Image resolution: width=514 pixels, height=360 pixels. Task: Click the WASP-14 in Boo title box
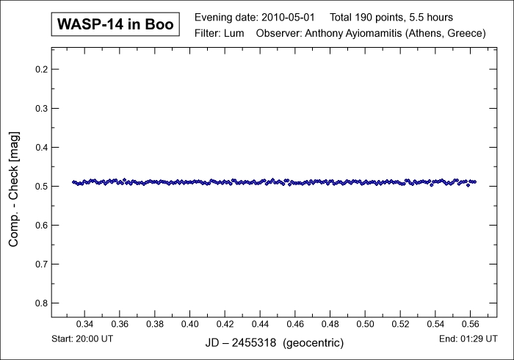coord(115,24)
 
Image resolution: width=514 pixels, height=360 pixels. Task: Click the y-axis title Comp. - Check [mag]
coord(14,185)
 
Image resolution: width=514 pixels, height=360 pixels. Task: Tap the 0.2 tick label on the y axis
coord(41,70)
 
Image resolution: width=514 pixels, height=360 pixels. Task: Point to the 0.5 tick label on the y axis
coord(41,186)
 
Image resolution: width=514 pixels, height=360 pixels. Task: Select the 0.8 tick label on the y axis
coord(41,303)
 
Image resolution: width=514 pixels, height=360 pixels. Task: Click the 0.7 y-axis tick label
coord(41,264)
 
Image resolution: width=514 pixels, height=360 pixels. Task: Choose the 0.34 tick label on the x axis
coord(84,325)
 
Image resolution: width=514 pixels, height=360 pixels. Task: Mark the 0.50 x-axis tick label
coord(366,325)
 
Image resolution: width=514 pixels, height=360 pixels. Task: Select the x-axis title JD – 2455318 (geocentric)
coord(273,343)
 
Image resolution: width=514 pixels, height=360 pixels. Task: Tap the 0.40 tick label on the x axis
coord(190,325)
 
